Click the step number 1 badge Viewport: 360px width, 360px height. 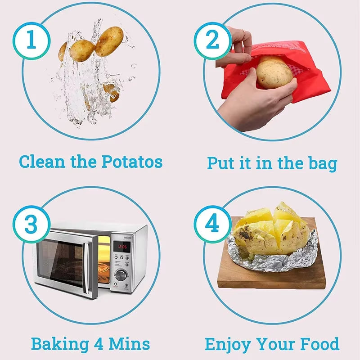[31, 40]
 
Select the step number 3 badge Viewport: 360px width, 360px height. [31, 224]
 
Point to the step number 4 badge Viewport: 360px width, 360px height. [212, 224]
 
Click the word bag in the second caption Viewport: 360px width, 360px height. [322, 162]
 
